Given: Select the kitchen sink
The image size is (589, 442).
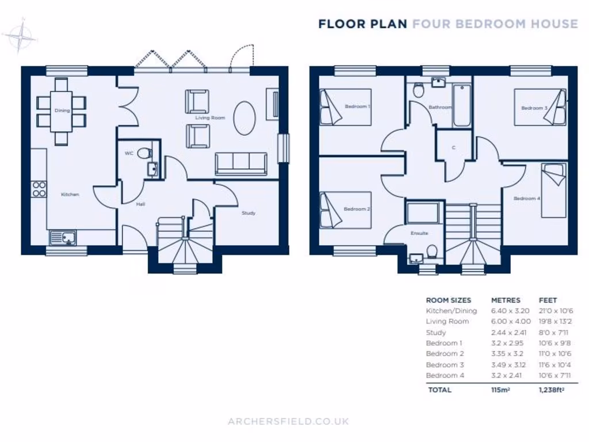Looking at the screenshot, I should (x=62, y=237).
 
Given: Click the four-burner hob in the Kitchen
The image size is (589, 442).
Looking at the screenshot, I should (x=39, y=189).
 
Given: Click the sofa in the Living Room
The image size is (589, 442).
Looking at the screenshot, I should (x=241, y=164).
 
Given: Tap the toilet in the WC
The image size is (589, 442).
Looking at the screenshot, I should (x=146, y=154).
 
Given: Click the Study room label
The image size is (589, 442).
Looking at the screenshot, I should (x=248, y=213).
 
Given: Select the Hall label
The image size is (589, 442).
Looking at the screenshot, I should (x=140, y=204).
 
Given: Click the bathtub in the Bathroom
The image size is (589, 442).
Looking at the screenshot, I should (x=462, y=106).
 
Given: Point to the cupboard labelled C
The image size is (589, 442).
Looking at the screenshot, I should (x=453, y=148).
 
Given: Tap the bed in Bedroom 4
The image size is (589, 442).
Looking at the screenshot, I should (x=553, y=190).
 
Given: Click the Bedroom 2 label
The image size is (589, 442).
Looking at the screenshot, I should (x=357, y=209).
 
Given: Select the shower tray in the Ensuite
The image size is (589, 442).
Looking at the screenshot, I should (x=424, y=213).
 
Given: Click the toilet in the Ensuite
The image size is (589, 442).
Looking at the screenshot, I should (x=432, y=252).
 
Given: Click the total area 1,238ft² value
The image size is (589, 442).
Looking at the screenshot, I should (x=551, y=390).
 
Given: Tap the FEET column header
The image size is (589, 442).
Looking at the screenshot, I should (x=548, y=300).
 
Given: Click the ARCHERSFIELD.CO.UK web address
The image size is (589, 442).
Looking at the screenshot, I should (x=288, y=421).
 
